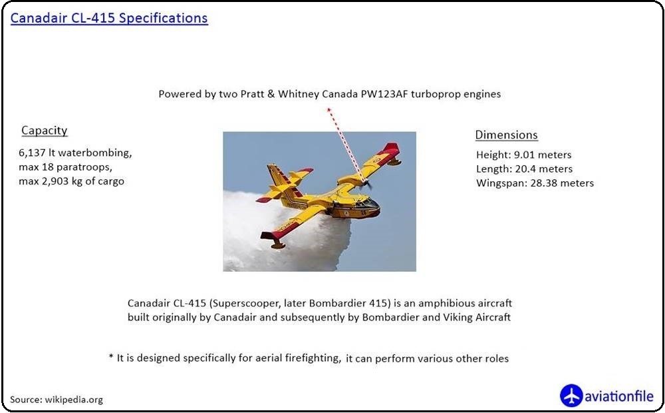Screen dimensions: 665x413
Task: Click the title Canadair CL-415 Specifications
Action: (x=109, y=18)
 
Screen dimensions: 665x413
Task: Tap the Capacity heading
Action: (x=45, y=131)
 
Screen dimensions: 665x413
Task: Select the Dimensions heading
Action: (x=506, y=135)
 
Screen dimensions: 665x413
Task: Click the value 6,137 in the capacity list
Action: (x=32, y=153)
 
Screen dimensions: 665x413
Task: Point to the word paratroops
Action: (x=86, y=167)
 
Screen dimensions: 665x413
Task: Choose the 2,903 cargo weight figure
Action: (x=54, y=181)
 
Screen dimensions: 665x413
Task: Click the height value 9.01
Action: (x=524, y=155)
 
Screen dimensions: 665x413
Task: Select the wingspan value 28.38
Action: (x=543, y=183)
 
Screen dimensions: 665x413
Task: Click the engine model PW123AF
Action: (x=384, y=94)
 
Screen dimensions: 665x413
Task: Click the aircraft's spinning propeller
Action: (x=366, y=185)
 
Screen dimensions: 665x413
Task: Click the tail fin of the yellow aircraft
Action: (x=277, y=177)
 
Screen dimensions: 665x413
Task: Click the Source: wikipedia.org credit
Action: (x=57, y=400)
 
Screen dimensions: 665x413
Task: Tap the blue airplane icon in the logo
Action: (x=571, y=396)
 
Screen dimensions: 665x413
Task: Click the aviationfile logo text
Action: (x=619, y=396)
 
